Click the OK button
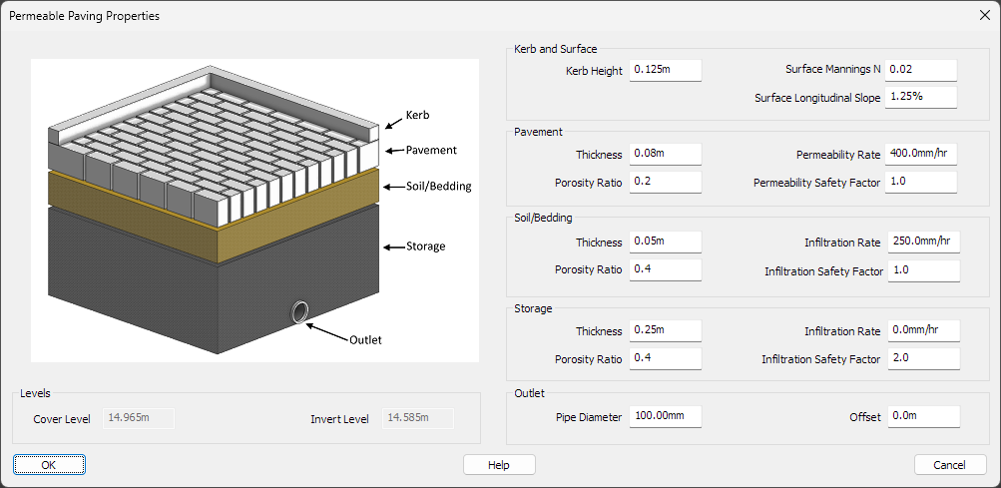(x=49, y=465)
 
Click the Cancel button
(x=949, y=465)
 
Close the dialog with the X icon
(x=983, y=15)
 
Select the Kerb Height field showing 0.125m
(x=666, y=70)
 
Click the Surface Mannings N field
(x=920, y=70)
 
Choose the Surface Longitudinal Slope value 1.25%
(x=920, y=97)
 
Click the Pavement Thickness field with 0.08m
(x=666, y=154)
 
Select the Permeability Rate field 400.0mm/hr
(x=920, y=154)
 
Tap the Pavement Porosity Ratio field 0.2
(x=666, y=182)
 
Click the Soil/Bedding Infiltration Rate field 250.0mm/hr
(x=922, y=243)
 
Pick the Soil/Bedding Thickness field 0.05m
(x=666, y=243)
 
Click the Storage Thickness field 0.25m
(x=666, y=330)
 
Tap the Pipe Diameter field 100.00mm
(x=666, y=416)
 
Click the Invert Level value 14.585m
(x=418, y=418)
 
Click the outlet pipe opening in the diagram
(x=299, y=313)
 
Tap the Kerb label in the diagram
(x=417, y=115)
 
